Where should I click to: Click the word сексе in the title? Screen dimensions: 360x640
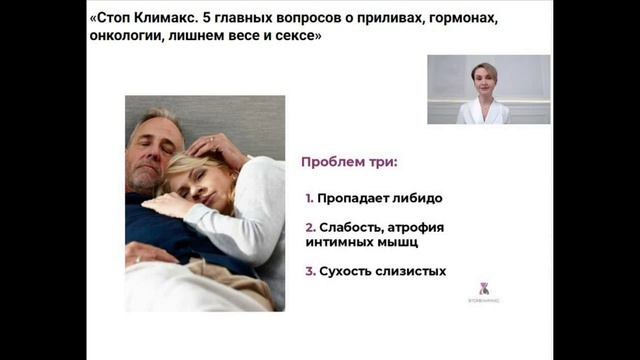pyautogui.click(x=289, y=40)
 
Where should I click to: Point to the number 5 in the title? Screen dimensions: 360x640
pyautogui.click(x=207, y=19)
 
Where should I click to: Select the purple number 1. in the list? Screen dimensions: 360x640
pyautogui.click(x=310, y=198)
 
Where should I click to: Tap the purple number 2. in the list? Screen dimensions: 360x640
pyautogui.click(x=311, y=227)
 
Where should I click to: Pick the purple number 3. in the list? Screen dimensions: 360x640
pyautogui.click(x=311, y=271)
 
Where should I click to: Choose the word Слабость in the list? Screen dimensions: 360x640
pyautogui.click(x=353, y=227)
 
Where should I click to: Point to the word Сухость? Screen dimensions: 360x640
pyautogui.click(x=346, y=271)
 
